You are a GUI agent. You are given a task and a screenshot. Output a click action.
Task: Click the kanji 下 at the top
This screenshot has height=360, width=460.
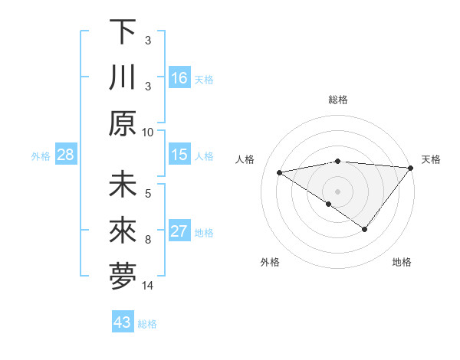click(123, 33)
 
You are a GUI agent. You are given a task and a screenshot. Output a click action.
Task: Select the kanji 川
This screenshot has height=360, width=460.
click(123, 78)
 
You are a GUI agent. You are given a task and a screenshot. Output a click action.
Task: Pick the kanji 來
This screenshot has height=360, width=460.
click(123, 232)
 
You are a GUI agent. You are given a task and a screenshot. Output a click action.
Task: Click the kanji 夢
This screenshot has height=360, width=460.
click(123, 277)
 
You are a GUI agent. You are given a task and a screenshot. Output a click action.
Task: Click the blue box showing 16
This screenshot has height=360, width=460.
click(179, 77)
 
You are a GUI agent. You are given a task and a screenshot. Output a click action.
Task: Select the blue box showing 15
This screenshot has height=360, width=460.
click(179, 155)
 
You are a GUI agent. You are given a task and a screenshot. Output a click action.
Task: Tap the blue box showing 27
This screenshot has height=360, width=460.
click(179, 231)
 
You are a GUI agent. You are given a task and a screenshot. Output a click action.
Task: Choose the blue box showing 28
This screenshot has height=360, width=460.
click(66, 155)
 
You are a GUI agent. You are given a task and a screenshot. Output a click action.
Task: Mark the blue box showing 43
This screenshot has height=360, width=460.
click(123, 322)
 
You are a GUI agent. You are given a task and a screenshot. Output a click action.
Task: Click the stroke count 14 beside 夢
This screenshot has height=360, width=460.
click(148, 286)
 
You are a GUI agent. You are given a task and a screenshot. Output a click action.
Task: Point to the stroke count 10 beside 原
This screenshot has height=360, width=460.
click(148, 132)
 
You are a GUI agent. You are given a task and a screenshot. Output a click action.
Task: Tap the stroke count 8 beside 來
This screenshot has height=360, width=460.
click(148, 240)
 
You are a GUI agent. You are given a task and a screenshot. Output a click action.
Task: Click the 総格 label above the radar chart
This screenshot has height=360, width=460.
click(338, 100)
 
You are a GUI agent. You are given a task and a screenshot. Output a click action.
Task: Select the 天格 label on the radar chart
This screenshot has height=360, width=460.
click(431, 159)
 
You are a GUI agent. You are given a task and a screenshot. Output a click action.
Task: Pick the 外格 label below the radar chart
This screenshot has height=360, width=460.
click(269, 262)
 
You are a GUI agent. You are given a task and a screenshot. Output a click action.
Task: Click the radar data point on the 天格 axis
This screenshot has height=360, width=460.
click(412, 168)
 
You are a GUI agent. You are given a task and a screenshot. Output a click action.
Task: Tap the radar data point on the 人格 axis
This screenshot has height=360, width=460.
click(279, 172)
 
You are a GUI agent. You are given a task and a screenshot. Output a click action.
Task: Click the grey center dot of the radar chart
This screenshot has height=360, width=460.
click(337, 191)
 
